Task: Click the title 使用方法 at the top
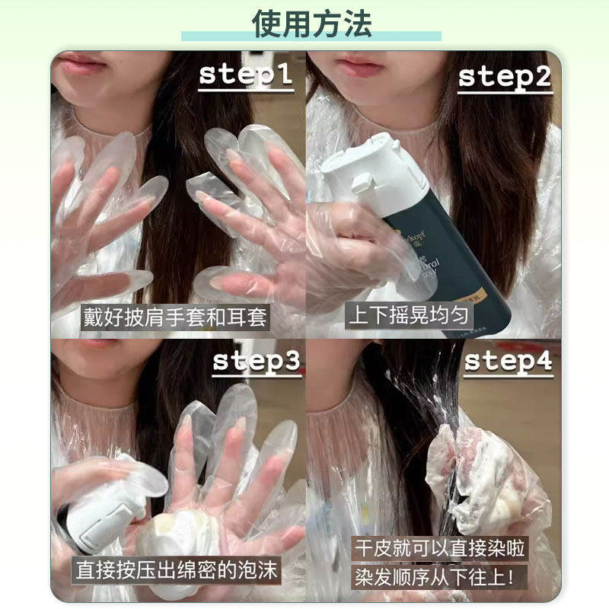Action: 311,24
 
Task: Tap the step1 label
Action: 245,75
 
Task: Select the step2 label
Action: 504,77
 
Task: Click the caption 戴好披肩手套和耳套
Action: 175,317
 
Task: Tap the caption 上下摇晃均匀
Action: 397,316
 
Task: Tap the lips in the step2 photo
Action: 360,64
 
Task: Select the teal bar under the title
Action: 311,37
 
